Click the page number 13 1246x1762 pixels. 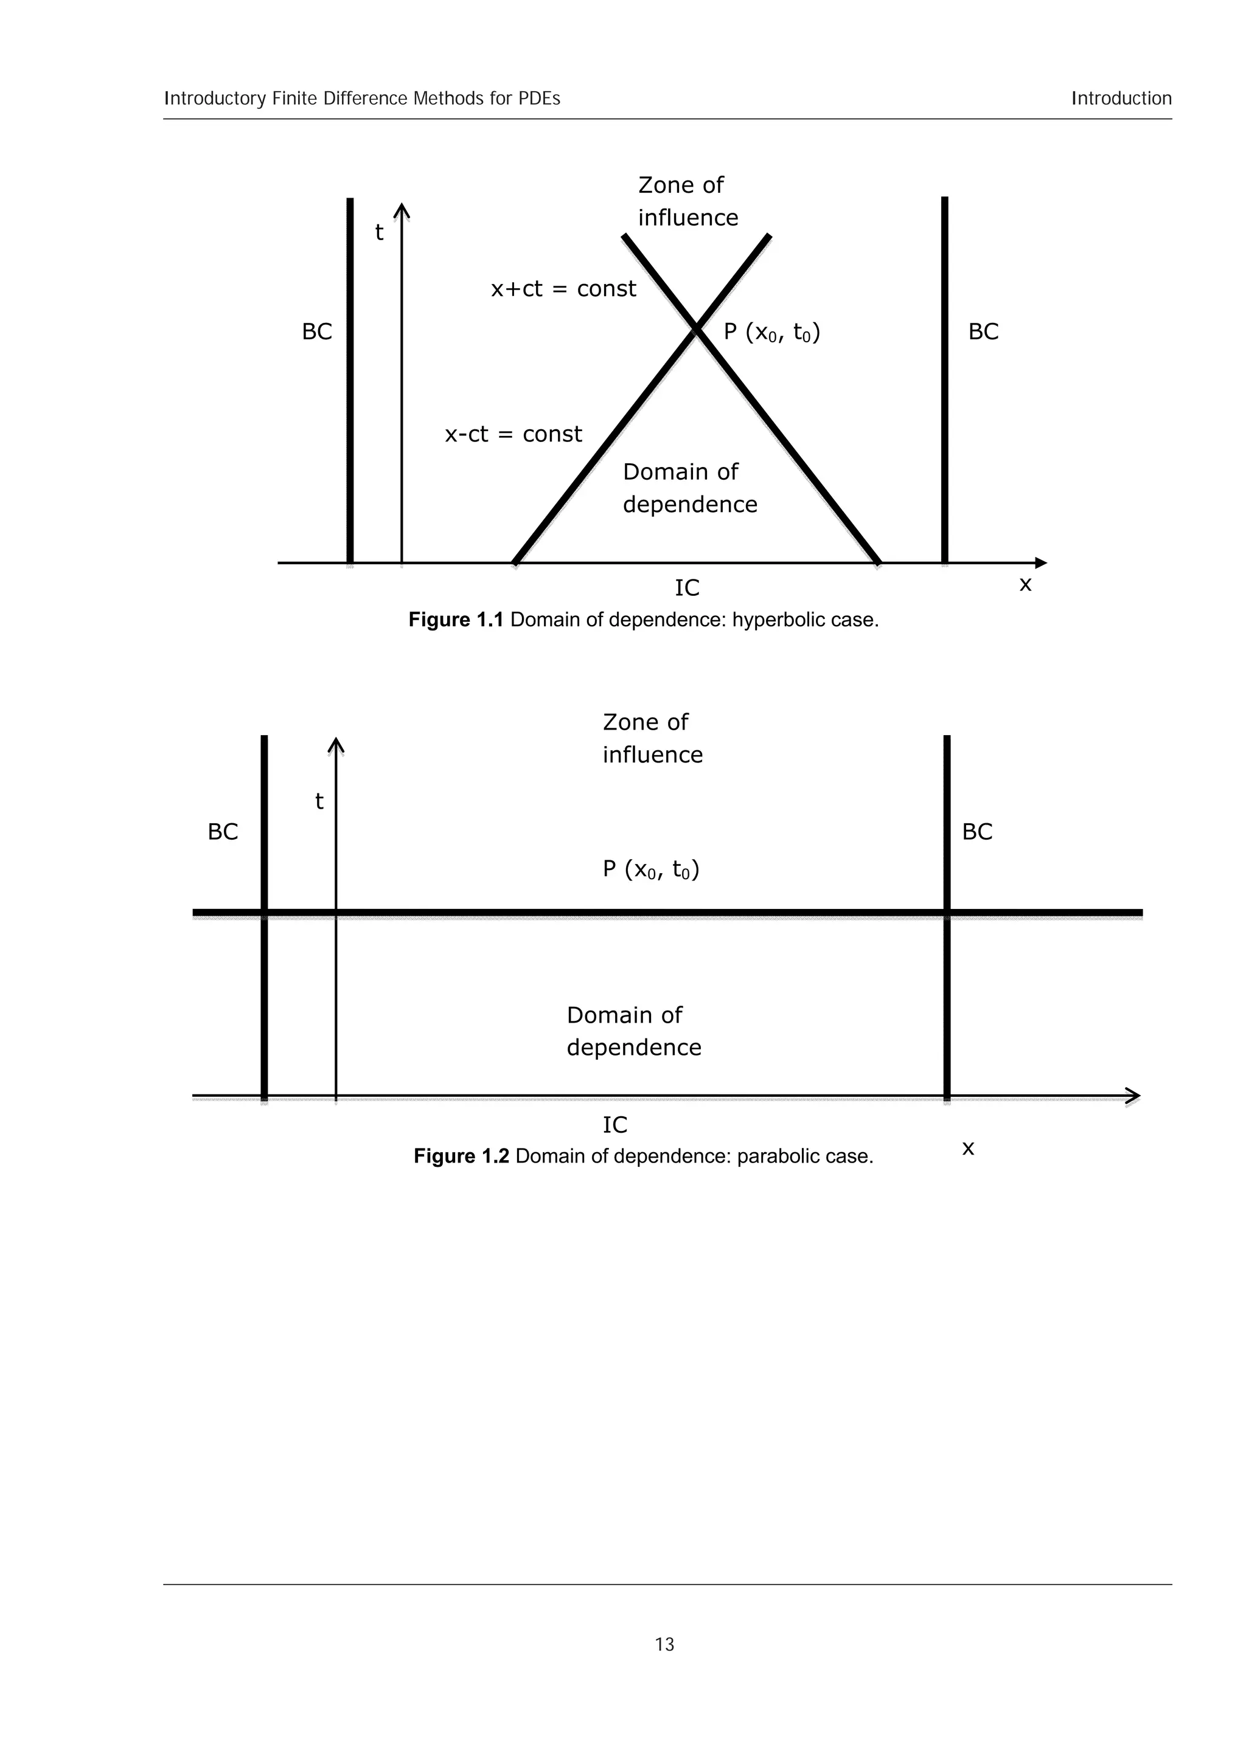(664, 1644)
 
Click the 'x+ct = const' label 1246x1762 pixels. (563, 289)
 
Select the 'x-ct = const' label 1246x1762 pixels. (513, 434)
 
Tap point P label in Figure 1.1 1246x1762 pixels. (771, 333)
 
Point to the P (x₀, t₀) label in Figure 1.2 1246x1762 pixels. (651, 869)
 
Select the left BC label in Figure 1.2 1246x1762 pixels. (223, 832)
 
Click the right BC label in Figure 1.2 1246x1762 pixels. (977, 832)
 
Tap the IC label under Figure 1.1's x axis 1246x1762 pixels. (687, 588)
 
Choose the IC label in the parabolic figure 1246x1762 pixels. (615, 1125)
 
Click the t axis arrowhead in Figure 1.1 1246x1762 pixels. (402, 210)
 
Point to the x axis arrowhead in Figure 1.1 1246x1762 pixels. (1040, 563)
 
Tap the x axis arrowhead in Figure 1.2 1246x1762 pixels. (1133, 1096)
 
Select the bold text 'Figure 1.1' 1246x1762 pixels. (455, 620)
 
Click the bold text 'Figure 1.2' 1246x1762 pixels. (461, 1156)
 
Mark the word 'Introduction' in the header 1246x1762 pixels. (1122, 98)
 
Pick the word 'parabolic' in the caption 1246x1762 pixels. (780, 1156)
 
